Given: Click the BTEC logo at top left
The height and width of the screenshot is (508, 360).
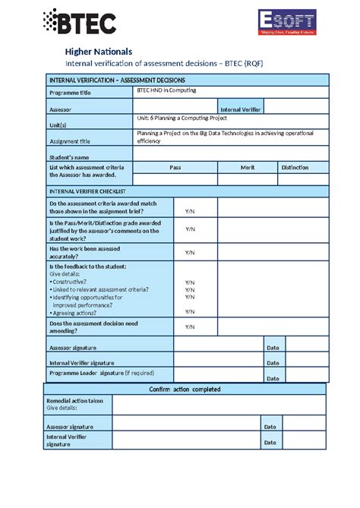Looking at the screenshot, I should [x=81, y=23].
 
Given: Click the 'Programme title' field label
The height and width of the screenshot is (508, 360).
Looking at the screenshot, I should [x=74, y=93].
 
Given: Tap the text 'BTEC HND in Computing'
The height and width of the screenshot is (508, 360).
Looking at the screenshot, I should [x=166, y=90].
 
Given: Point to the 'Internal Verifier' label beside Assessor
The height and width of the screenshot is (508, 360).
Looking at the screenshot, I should [x=240, y=110].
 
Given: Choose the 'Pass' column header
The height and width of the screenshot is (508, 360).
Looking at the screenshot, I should [x=175, y=167].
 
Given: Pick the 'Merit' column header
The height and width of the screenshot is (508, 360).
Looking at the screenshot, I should [x=247, y=167].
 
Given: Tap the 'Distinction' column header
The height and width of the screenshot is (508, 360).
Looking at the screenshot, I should [x=295, y=167].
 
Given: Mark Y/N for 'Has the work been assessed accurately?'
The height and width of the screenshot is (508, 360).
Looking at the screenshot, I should [x=190, y=252].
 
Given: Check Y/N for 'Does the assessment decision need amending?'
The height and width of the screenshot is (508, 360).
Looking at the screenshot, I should [x=190, y=327].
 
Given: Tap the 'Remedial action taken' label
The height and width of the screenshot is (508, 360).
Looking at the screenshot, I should [x=74, y=400].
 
